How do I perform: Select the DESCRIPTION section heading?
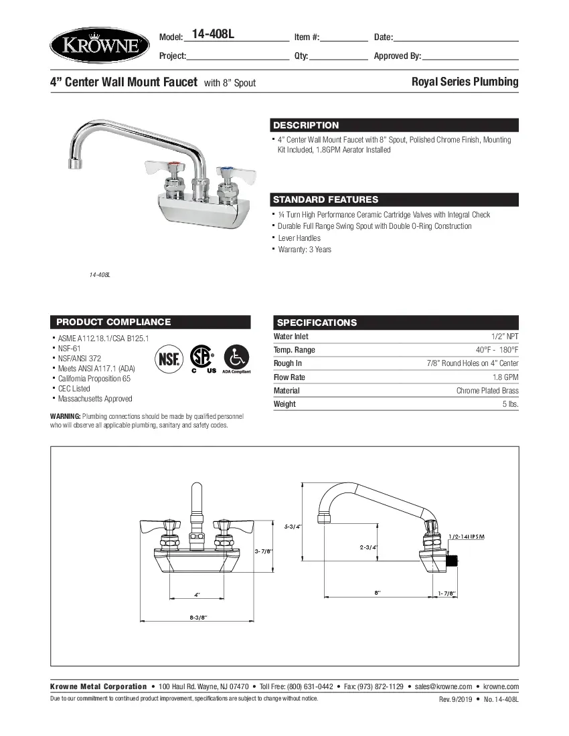306,125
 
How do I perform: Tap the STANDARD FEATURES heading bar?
325,199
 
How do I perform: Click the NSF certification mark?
169,359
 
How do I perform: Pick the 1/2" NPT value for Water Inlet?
505,337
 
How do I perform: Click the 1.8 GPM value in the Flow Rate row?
506,377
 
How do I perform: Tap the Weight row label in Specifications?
284,404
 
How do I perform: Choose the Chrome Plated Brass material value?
487,391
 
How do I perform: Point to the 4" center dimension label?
197,594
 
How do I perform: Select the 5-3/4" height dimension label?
293,527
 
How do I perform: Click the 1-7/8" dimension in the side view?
446,593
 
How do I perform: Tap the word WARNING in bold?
66,416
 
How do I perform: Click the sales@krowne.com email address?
443,686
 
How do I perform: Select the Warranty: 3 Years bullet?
305,250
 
